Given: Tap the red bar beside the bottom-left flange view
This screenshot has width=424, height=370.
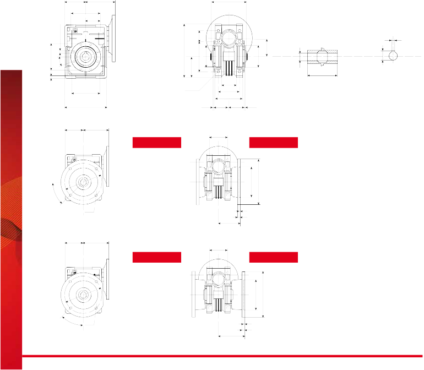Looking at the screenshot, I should click(x=156, y=257).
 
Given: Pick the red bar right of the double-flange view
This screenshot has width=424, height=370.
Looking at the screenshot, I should click(x=273, y=257).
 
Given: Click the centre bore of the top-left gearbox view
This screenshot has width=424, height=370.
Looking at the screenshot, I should click(x=84, y=56).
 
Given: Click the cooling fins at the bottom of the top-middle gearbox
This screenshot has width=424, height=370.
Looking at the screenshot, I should click(x=228, y=69).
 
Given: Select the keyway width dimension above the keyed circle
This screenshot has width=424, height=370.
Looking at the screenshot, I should click(x=393, y=40).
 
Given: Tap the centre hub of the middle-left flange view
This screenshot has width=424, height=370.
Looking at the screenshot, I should click(x=83, y=182).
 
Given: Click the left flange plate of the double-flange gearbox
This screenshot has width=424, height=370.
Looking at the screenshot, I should click(x=193, y=295).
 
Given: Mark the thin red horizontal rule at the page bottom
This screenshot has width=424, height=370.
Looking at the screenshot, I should click(x=220, y=356).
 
